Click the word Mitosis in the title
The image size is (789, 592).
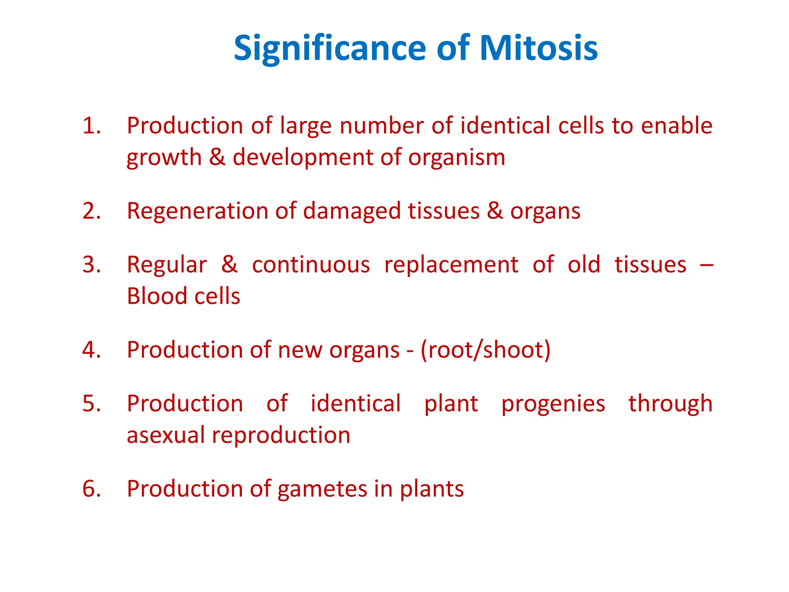click(x=538, y=48)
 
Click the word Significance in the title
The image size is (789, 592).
click(x=329, y=49)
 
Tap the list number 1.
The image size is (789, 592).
click(x=92, y=126)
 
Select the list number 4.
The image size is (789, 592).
click(x=92, y=350)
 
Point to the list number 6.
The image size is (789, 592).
click(x=92, y=488)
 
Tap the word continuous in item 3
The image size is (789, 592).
click(x=311, y=265)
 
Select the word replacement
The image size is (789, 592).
click(x=451, y=266)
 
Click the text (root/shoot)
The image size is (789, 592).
click(x=485, y=350)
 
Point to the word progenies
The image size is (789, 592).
click(x=553, y=404)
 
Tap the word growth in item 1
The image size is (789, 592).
click(x=164, y=158)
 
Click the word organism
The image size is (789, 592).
click(x=457, y=158)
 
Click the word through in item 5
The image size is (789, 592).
click(x=670, y=404)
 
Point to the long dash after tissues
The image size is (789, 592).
click(x=706, y=265)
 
